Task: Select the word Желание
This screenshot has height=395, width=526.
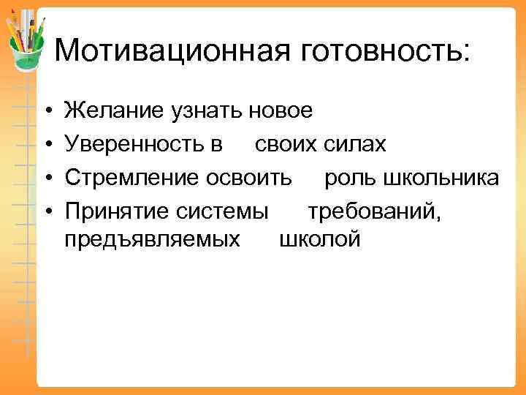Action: click(x=115, y=111)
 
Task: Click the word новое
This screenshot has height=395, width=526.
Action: click(x=281, y=111)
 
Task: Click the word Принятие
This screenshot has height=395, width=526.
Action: click(x=118, y=210)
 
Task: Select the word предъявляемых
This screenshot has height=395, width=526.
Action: click(x=153, y=238)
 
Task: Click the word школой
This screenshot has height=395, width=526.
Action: click(x=320, y=238)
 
